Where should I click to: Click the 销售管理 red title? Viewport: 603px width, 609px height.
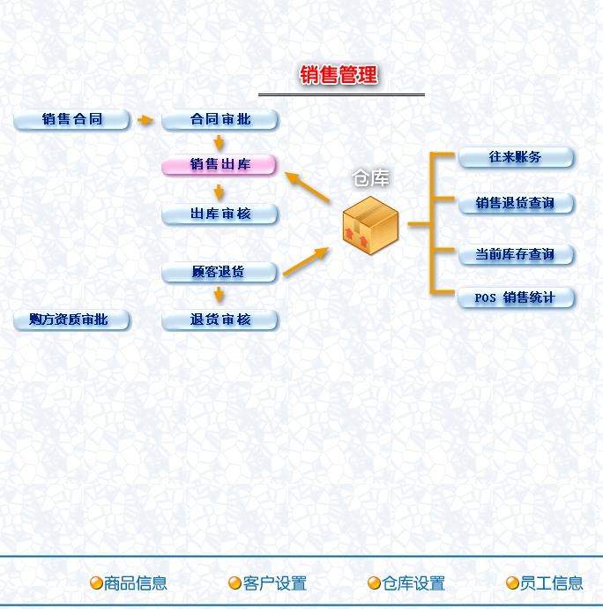[x=339, y=75]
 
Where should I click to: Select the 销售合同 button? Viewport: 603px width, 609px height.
[x=72, y=119]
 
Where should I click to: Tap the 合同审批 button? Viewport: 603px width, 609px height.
[x=220, y=119]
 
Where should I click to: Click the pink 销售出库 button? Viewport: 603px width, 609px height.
[x=220, y=164]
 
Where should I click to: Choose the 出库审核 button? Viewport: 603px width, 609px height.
[x=220, y=214]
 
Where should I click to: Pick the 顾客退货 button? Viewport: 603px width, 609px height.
[x=219, y=272]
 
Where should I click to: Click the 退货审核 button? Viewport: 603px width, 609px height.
[x=220, y=320]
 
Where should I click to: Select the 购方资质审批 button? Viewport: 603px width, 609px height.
[x=72, y=320]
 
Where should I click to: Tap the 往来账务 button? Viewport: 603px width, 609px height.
[x=516, y=157]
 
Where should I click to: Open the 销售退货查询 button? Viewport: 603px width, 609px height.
[x=516, y=203]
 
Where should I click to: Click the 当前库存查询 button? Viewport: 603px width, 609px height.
[x=516, y=254]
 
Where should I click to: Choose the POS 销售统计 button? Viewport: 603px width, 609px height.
[x=516, y=297]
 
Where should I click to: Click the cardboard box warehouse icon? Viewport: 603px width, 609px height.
[x=371, y=222]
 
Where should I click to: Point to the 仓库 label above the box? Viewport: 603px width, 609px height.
[x=371, y=178]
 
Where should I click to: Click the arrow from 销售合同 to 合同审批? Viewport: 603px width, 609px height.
[x=145, y=119]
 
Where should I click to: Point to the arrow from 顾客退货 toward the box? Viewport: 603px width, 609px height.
[x=305, y=261]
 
